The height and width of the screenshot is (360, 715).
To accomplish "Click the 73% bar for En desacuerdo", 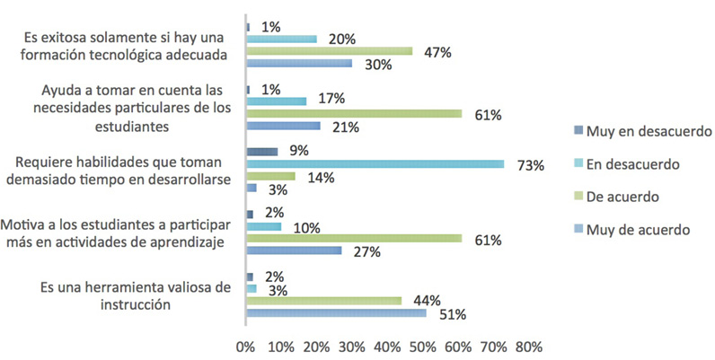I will (x=375, y=164).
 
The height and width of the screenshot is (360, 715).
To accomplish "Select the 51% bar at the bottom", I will (x=336, y=313).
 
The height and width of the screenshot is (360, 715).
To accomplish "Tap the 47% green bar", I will (x=329, y=51).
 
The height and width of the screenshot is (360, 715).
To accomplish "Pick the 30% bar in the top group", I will (x=298, y=64).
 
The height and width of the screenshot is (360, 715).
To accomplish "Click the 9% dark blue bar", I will (x=261, y=152).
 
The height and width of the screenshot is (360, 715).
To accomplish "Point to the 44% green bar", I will (x=323, y=301).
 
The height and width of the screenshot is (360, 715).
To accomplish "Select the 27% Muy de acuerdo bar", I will (x=294, y=251).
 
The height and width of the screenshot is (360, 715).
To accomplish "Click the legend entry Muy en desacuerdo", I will (x=649, y=132).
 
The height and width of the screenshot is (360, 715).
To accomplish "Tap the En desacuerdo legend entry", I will (x=633, y=164).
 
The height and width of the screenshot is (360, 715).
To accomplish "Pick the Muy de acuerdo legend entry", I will (x=638, y=230).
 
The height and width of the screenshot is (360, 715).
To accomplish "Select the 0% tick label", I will (x=245, y=347).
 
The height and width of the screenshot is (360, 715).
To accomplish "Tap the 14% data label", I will (x=321, y=178).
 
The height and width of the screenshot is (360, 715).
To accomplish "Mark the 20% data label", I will (x=343, y=40).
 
